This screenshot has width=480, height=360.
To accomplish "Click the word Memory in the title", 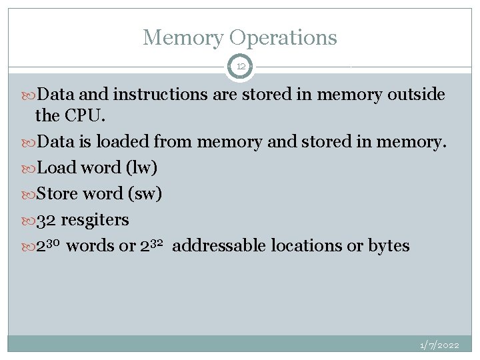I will click(x=181, y=37).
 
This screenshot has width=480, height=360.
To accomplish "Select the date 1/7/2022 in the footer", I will click(x=439, y=345).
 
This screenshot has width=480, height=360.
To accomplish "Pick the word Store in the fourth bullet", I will click(x=57, y=193).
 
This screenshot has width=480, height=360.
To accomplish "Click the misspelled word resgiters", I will click(x=95, y=219).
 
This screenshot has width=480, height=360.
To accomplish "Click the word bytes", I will click(x=388, y=245).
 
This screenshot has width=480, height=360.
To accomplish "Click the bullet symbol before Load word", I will click(x=29, y=168).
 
